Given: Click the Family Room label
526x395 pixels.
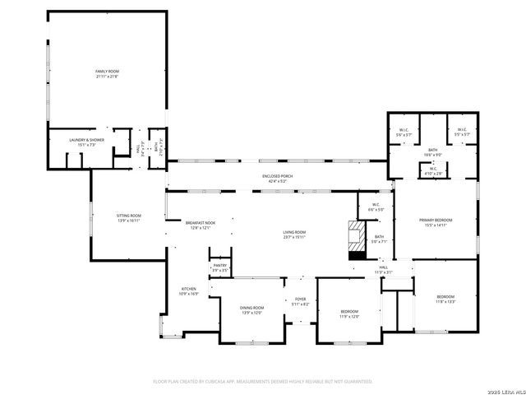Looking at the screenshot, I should (107, 72).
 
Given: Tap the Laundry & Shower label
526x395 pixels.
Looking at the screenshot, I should (85, 140).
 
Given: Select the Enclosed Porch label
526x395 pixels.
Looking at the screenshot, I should (278, 176).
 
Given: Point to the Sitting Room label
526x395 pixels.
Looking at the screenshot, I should (129, 216).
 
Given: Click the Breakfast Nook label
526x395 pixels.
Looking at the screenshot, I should (200, 223).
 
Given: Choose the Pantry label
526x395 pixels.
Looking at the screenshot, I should (219, 265).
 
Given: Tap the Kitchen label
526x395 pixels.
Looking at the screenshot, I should (189, 289).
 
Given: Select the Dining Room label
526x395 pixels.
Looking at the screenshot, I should (252, 307).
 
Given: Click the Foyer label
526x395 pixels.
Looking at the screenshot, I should (301, 300).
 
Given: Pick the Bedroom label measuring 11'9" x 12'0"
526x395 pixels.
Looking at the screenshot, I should (349, 311).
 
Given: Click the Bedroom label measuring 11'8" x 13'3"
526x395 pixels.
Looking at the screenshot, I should (445, 296).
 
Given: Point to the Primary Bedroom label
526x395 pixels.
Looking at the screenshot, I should (436, 220).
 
